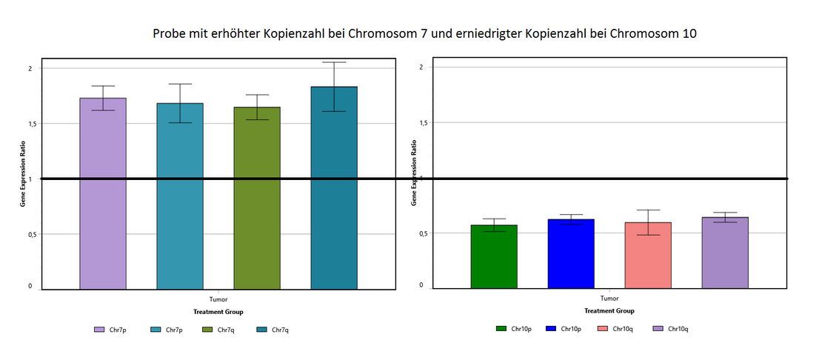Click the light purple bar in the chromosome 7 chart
(103, 193)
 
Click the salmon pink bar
(648, 255)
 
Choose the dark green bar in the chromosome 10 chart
(494, 256)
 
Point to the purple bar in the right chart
(725, 253)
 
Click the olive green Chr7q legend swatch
(207, 330)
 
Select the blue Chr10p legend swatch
(550, 328)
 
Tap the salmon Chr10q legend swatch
(602, 328)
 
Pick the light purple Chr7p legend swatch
(99, 330)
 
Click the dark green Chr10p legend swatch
(501, 328)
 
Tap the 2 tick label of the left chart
(30, 68)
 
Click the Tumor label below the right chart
(609, 299)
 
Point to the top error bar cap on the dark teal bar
(334, 62)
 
